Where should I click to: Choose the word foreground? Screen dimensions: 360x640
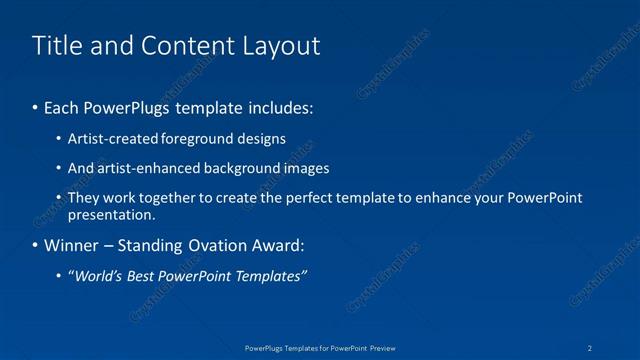pos(200,139)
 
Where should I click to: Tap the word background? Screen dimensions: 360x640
pos(244,168)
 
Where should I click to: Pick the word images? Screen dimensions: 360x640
pos(307,168)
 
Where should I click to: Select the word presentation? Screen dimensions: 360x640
pos(110,214)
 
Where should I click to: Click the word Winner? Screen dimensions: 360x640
pos(71,245)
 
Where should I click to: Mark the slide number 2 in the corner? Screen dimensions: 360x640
pos(591,347)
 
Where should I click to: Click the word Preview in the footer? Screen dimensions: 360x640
pos(382,347)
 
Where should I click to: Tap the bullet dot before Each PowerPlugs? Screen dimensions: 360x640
pos(36,105)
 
